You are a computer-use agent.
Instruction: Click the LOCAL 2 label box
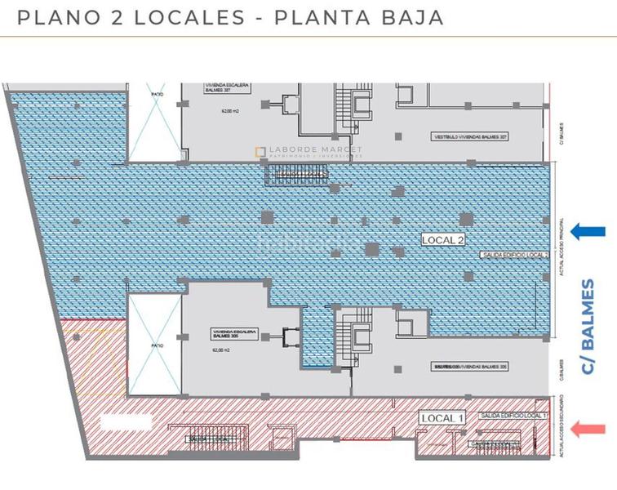click(x=443, y=240)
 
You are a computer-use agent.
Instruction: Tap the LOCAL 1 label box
click(x=442, y=418)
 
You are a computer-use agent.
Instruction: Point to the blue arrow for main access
click(x=588, y=232)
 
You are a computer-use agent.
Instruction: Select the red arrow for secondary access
click(x=589, y=428)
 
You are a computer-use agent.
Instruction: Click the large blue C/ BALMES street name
click(x=588, y=327)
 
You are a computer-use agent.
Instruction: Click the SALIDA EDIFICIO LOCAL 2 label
click(x=513, y=255)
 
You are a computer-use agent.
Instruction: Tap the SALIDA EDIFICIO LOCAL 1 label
click(x=509, y=416)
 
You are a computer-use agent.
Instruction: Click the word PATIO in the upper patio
click(x=157, y=95)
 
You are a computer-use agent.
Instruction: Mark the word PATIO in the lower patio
click(x=157, y=345)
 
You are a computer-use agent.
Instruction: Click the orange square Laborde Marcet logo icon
click(x=260, y=151)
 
